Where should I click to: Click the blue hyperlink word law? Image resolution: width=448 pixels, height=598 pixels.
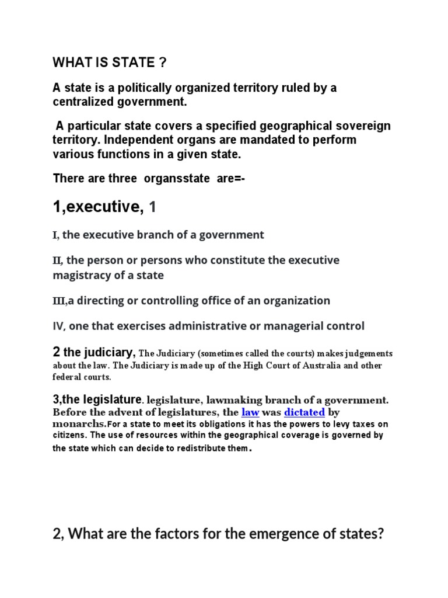(250, 412)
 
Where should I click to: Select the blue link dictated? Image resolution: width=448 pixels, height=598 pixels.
(304, 412)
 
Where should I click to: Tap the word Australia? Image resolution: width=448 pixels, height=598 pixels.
(320, 366)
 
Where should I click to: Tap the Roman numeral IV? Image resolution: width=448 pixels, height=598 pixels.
(59, 326)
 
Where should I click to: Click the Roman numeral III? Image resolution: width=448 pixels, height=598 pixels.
(59, 301)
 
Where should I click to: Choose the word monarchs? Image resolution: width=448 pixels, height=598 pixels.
(79, 425)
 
